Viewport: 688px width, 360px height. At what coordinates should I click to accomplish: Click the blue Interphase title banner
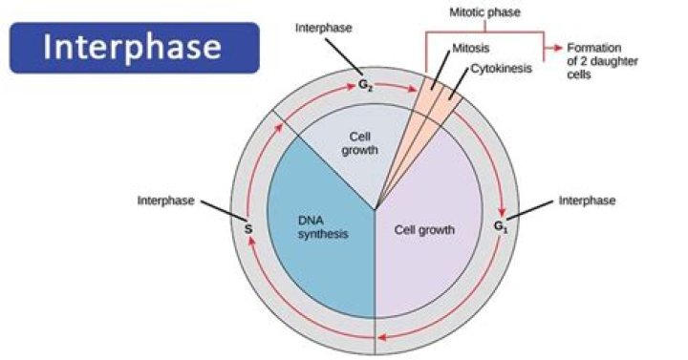(x=135, y=48)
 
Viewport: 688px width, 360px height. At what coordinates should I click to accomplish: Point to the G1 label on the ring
(x=500, y=227)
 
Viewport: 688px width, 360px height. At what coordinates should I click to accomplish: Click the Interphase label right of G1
(x=587, y=201)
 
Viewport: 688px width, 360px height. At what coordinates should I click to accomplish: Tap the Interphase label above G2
(x=324, y=29)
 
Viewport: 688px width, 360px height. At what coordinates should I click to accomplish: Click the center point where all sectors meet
(x=376, y=209)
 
